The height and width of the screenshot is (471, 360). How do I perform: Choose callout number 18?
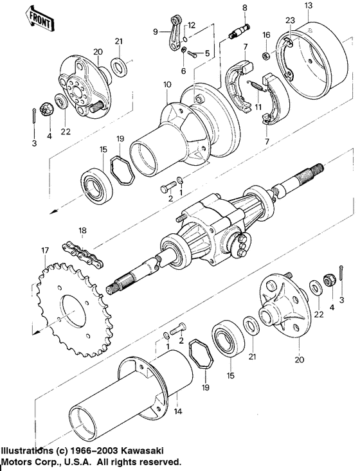[x=82, y=230]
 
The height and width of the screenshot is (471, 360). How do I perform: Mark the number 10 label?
[x=168, y=85]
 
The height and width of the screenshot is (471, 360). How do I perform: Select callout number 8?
[x=244, y=7]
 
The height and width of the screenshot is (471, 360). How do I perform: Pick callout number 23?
[x=291, y=20]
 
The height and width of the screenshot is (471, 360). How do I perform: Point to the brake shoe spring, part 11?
[x=255, y=82]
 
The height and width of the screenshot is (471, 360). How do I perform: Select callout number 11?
[x=258, y=107]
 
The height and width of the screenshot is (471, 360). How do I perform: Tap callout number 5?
[x=207, y=54]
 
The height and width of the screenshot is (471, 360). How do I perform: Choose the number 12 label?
[x=192, y=25]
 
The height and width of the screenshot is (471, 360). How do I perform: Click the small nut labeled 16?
[x=265, y=57]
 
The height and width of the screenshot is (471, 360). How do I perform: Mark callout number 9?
[x=156, y=31]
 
